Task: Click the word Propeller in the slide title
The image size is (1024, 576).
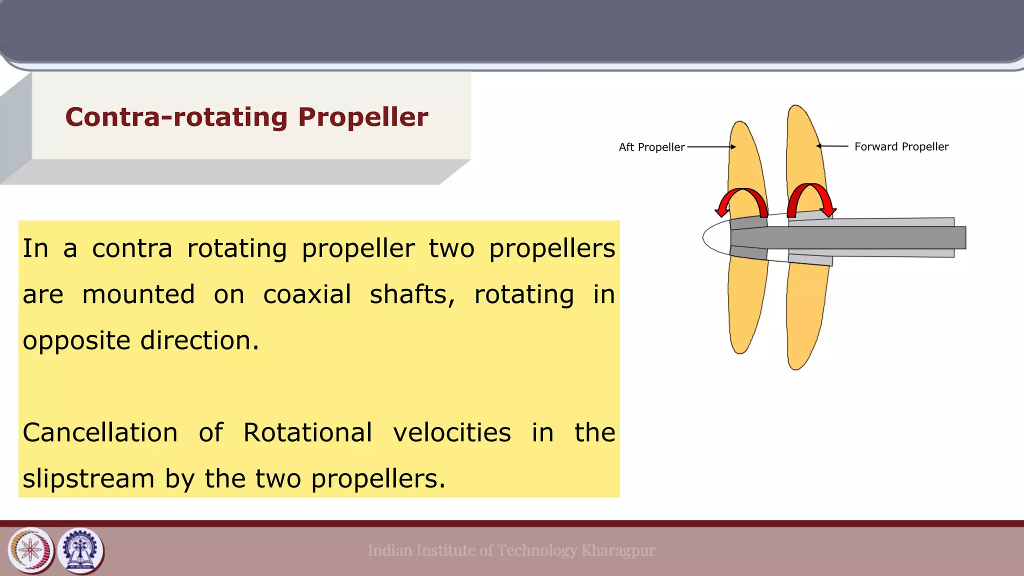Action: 363,117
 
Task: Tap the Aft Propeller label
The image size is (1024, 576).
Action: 651,147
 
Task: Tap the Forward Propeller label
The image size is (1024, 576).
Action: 901,146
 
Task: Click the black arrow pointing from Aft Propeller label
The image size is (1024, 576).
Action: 711,147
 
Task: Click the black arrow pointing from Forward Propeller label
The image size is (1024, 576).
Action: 832,146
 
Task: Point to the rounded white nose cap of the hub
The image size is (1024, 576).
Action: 714,237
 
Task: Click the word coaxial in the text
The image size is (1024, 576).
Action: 307,294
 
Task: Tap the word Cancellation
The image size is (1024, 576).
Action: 100,432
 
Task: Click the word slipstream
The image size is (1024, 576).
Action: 88,478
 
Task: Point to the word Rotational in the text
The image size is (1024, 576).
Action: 307,432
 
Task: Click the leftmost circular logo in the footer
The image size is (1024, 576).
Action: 31,550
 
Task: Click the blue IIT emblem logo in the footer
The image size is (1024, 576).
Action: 80,550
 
